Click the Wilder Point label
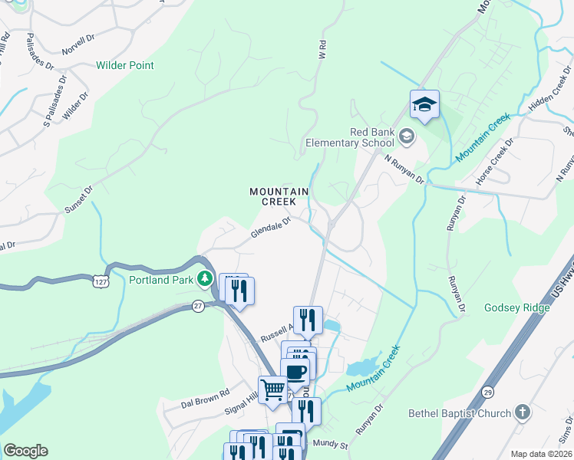124,65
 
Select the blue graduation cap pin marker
424,104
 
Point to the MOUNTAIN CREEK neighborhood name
279,196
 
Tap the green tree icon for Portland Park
205,279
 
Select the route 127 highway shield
100,283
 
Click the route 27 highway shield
198,307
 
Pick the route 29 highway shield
487,393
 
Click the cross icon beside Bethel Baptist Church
522,413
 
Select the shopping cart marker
272,389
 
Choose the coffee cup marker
296,373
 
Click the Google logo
25,451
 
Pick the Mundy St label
334,444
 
